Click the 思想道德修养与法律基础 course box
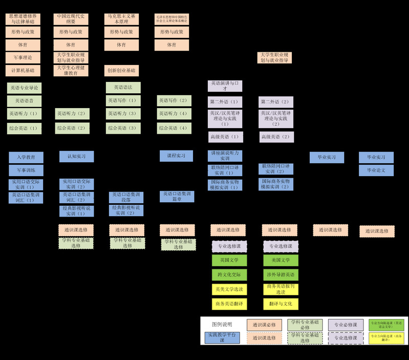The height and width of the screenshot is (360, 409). (23, 19)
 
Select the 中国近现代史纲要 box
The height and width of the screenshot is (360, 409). (71, 19)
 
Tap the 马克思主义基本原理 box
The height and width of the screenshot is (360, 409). (121, 19)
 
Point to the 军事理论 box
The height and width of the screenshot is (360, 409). (23, 57)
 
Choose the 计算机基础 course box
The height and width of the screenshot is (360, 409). (23, 70)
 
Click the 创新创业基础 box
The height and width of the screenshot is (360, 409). (121, 70)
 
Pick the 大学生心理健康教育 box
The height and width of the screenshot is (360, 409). (71, 70)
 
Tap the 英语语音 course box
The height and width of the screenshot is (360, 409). (24, 101)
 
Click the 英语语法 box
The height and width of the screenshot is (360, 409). (123, 88)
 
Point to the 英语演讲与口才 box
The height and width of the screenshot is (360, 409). (225, 86)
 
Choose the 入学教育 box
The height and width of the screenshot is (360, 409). (26, 157)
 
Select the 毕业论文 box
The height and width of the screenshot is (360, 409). (376, 170)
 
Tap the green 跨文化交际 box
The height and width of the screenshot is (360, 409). (229, 274)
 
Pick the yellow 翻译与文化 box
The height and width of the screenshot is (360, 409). (281, 304)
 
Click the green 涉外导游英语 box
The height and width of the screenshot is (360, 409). (281, 274)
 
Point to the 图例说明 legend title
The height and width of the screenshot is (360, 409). (222, 324)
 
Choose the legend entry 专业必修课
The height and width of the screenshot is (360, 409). (346, 325)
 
